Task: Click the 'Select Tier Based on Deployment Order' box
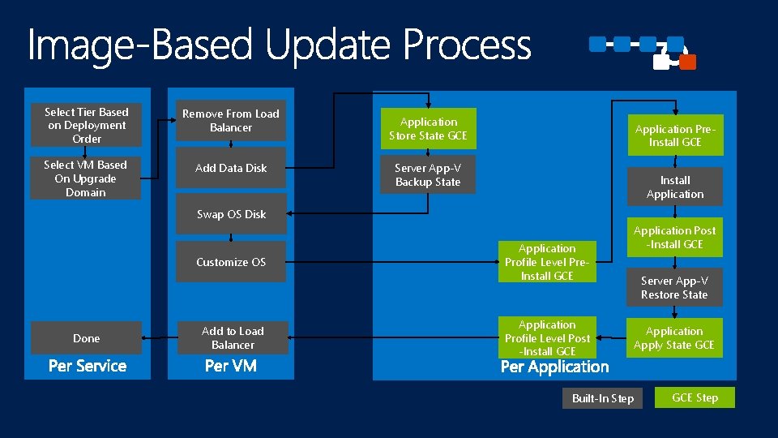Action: click(x=86, y=125)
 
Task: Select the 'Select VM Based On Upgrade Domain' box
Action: click(x=86, y=178)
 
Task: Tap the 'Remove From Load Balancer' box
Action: click(x=231, y=121)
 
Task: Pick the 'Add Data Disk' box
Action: click(x=231, y=168)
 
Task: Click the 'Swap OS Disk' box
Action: click(x=231, y=214)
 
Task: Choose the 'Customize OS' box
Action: click(x=231, y=262)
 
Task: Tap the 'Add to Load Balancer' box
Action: click(x=233, y=337)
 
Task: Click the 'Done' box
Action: click(x=86, y=338)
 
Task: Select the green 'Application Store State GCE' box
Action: click(x=428, y=128)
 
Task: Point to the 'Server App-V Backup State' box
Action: click(x=428, y=174)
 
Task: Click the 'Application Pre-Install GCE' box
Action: click(x=675, y=135)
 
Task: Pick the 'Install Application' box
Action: click(x=675, y=187)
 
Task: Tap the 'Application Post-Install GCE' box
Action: click(x=674, y=237)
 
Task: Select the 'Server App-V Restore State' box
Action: click(x=674, y=288)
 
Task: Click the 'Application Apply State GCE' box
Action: click(x=674, y=338)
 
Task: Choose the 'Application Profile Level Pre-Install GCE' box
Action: click(x=547, y=262)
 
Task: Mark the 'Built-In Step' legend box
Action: click(x=603, y=398)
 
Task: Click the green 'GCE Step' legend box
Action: click(x=695, y=397)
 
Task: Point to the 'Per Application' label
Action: click(x=554, y=367)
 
